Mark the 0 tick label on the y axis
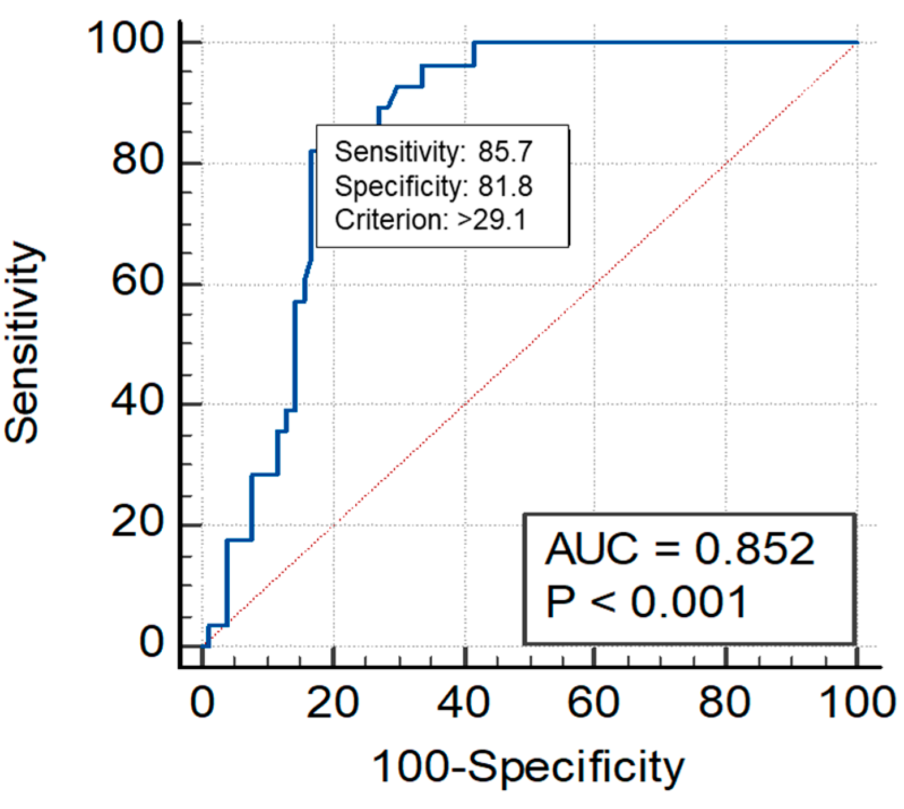point(152,642)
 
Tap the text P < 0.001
point(647,602)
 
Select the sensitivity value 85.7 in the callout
point(505,152)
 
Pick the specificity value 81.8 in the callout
point(505,186)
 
